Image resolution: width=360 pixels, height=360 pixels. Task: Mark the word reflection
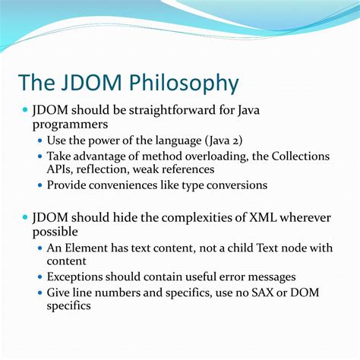[112, 169]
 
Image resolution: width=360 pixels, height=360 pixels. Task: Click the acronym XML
[254, 218]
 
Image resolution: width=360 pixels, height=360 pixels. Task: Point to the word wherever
[303, 218]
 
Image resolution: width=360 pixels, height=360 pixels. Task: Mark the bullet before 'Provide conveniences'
[43, 185]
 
